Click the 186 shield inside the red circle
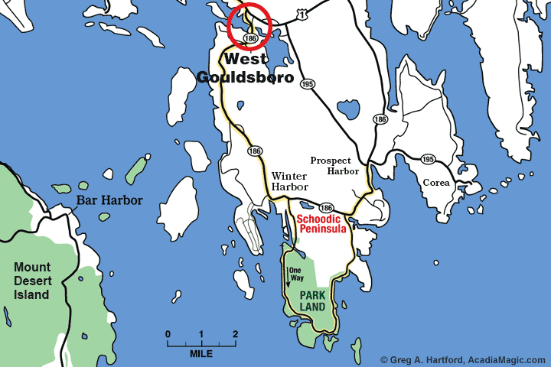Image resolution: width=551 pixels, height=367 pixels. [249, 37]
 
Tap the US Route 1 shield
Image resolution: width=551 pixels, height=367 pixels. [305, 15]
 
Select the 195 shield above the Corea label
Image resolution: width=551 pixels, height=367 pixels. [429, 159]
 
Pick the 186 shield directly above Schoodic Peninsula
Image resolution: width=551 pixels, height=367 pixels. [326, 208]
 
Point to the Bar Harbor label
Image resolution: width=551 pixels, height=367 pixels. [106, 200]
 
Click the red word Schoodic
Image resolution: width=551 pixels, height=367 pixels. [320, 218]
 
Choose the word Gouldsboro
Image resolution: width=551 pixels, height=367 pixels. [245, 76]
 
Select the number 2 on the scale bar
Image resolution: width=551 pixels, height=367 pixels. [235, 334]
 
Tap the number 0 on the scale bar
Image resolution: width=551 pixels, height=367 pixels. [168, 334]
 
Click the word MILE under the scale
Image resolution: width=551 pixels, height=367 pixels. [201, 354]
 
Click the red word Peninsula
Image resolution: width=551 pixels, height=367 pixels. [322, 229]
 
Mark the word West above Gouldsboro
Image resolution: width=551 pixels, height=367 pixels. [246, 59]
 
